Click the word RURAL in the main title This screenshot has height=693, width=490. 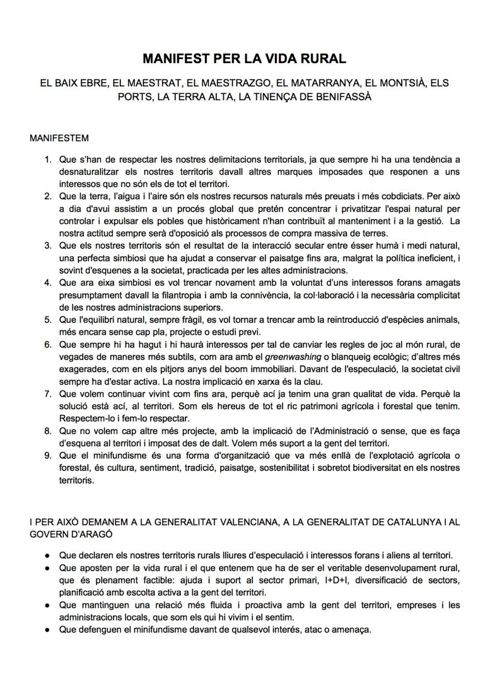(324, 59)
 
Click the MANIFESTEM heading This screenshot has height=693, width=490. (59, 138)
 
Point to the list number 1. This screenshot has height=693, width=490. (47, 159)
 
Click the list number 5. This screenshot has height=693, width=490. (47, 320)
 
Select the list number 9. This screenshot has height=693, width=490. (47, 456)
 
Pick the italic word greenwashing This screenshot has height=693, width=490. (293, 357)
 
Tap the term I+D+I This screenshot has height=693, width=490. (336, 581)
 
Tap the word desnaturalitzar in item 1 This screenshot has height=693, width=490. (88, 172)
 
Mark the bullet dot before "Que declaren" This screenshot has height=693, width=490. (47, 555)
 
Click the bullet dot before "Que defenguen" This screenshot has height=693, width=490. (47, 630)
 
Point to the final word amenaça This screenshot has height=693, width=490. (351, 630)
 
